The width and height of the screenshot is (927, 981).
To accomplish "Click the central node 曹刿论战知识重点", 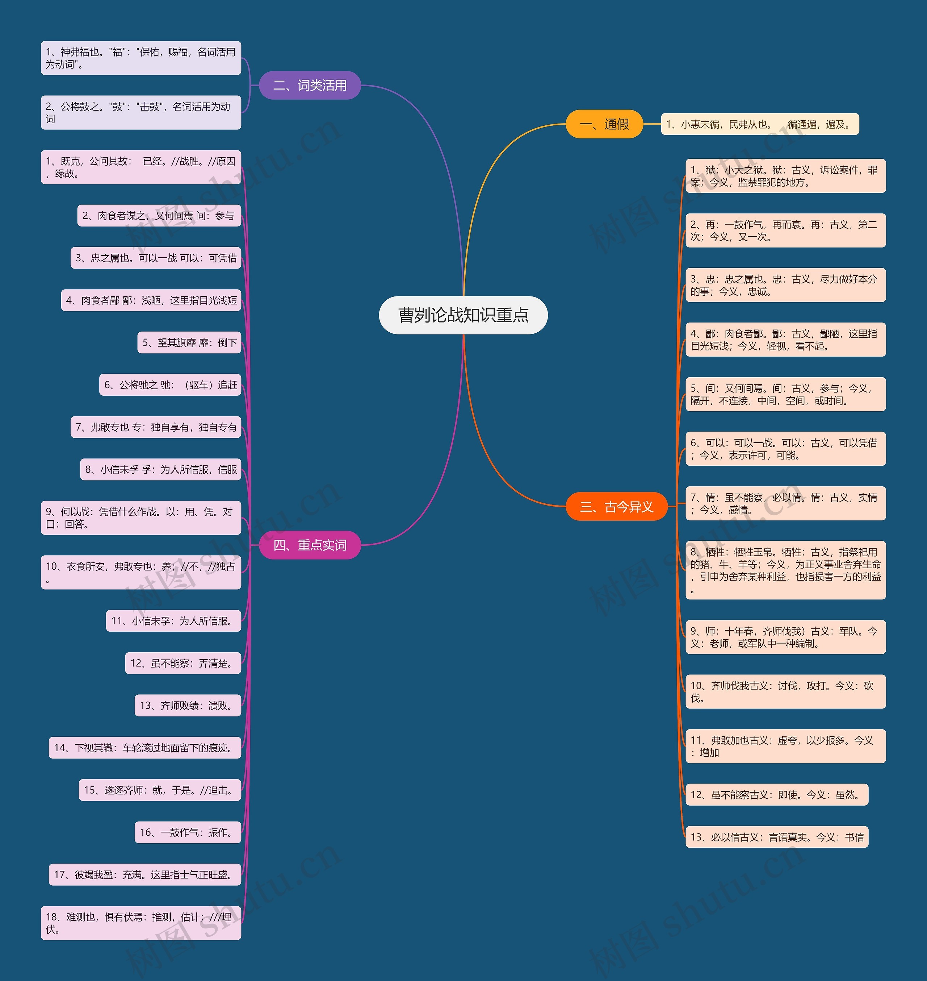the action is point(463,315).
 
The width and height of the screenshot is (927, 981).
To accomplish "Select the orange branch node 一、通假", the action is point(604,124).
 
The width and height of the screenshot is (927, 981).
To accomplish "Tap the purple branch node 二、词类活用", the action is point(310,85).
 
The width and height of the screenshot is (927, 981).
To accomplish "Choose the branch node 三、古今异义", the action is point(616,506).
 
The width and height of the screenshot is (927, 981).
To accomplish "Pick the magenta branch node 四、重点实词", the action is point(310,545).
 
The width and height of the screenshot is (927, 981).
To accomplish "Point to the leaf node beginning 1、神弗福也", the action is point(141,58).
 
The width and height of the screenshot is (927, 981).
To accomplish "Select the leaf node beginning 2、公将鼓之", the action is point(141,113).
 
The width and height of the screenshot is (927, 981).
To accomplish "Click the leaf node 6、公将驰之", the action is point(170,385).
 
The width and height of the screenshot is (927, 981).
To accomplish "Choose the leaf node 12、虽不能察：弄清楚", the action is point(183,663).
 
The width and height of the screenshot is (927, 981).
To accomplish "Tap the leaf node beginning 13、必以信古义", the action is point(776,837).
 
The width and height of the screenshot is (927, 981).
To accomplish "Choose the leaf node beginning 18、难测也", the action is point(141,923).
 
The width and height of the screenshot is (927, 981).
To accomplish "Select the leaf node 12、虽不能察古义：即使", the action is point(776,795).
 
